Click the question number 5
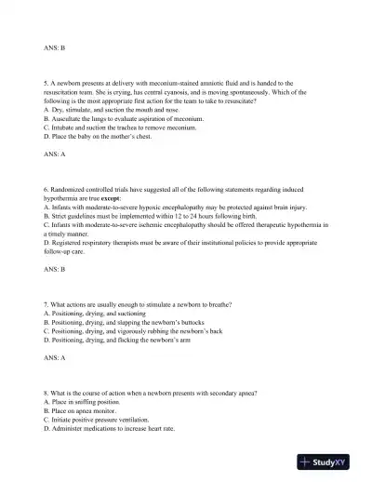point(46,84)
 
